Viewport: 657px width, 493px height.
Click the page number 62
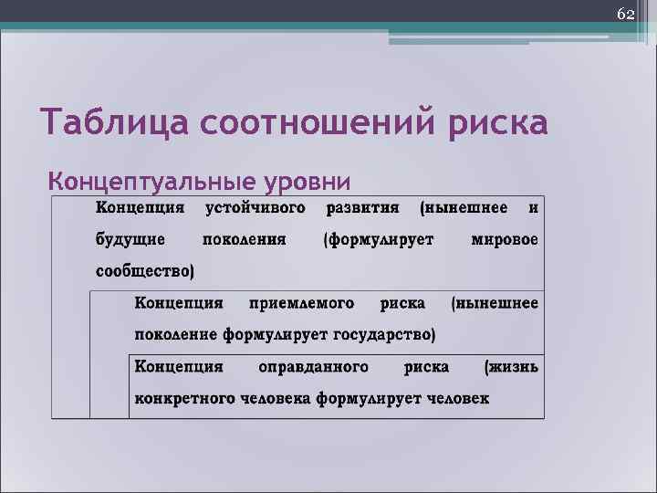[625, 15]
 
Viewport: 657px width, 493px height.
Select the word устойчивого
[255, 208]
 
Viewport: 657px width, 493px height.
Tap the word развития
[363, 208]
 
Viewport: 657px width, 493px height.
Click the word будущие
[130, 240]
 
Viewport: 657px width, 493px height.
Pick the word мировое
[505, 240]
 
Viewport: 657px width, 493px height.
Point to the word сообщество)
[145, 271]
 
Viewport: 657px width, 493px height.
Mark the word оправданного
[314, 366]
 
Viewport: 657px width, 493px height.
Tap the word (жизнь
[511, 366]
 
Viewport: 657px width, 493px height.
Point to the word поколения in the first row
[243, 240]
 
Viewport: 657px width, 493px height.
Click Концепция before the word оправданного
[179, 366]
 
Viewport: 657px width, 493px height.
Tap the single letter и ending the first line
[534, 208]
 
